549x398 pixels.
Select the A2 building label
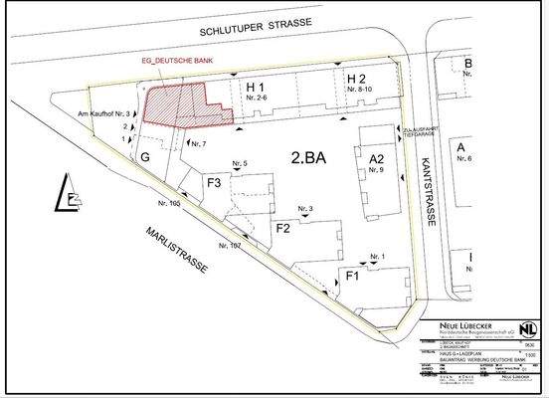374,159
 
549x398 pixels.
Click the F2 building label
282,229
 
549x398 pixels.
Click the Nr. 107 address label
228,245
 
